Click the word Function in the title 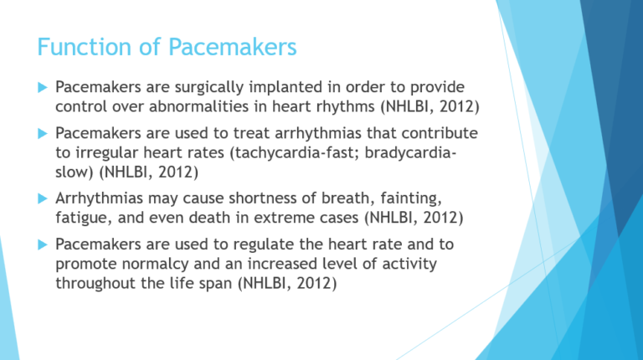click(x=68, y=49)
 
